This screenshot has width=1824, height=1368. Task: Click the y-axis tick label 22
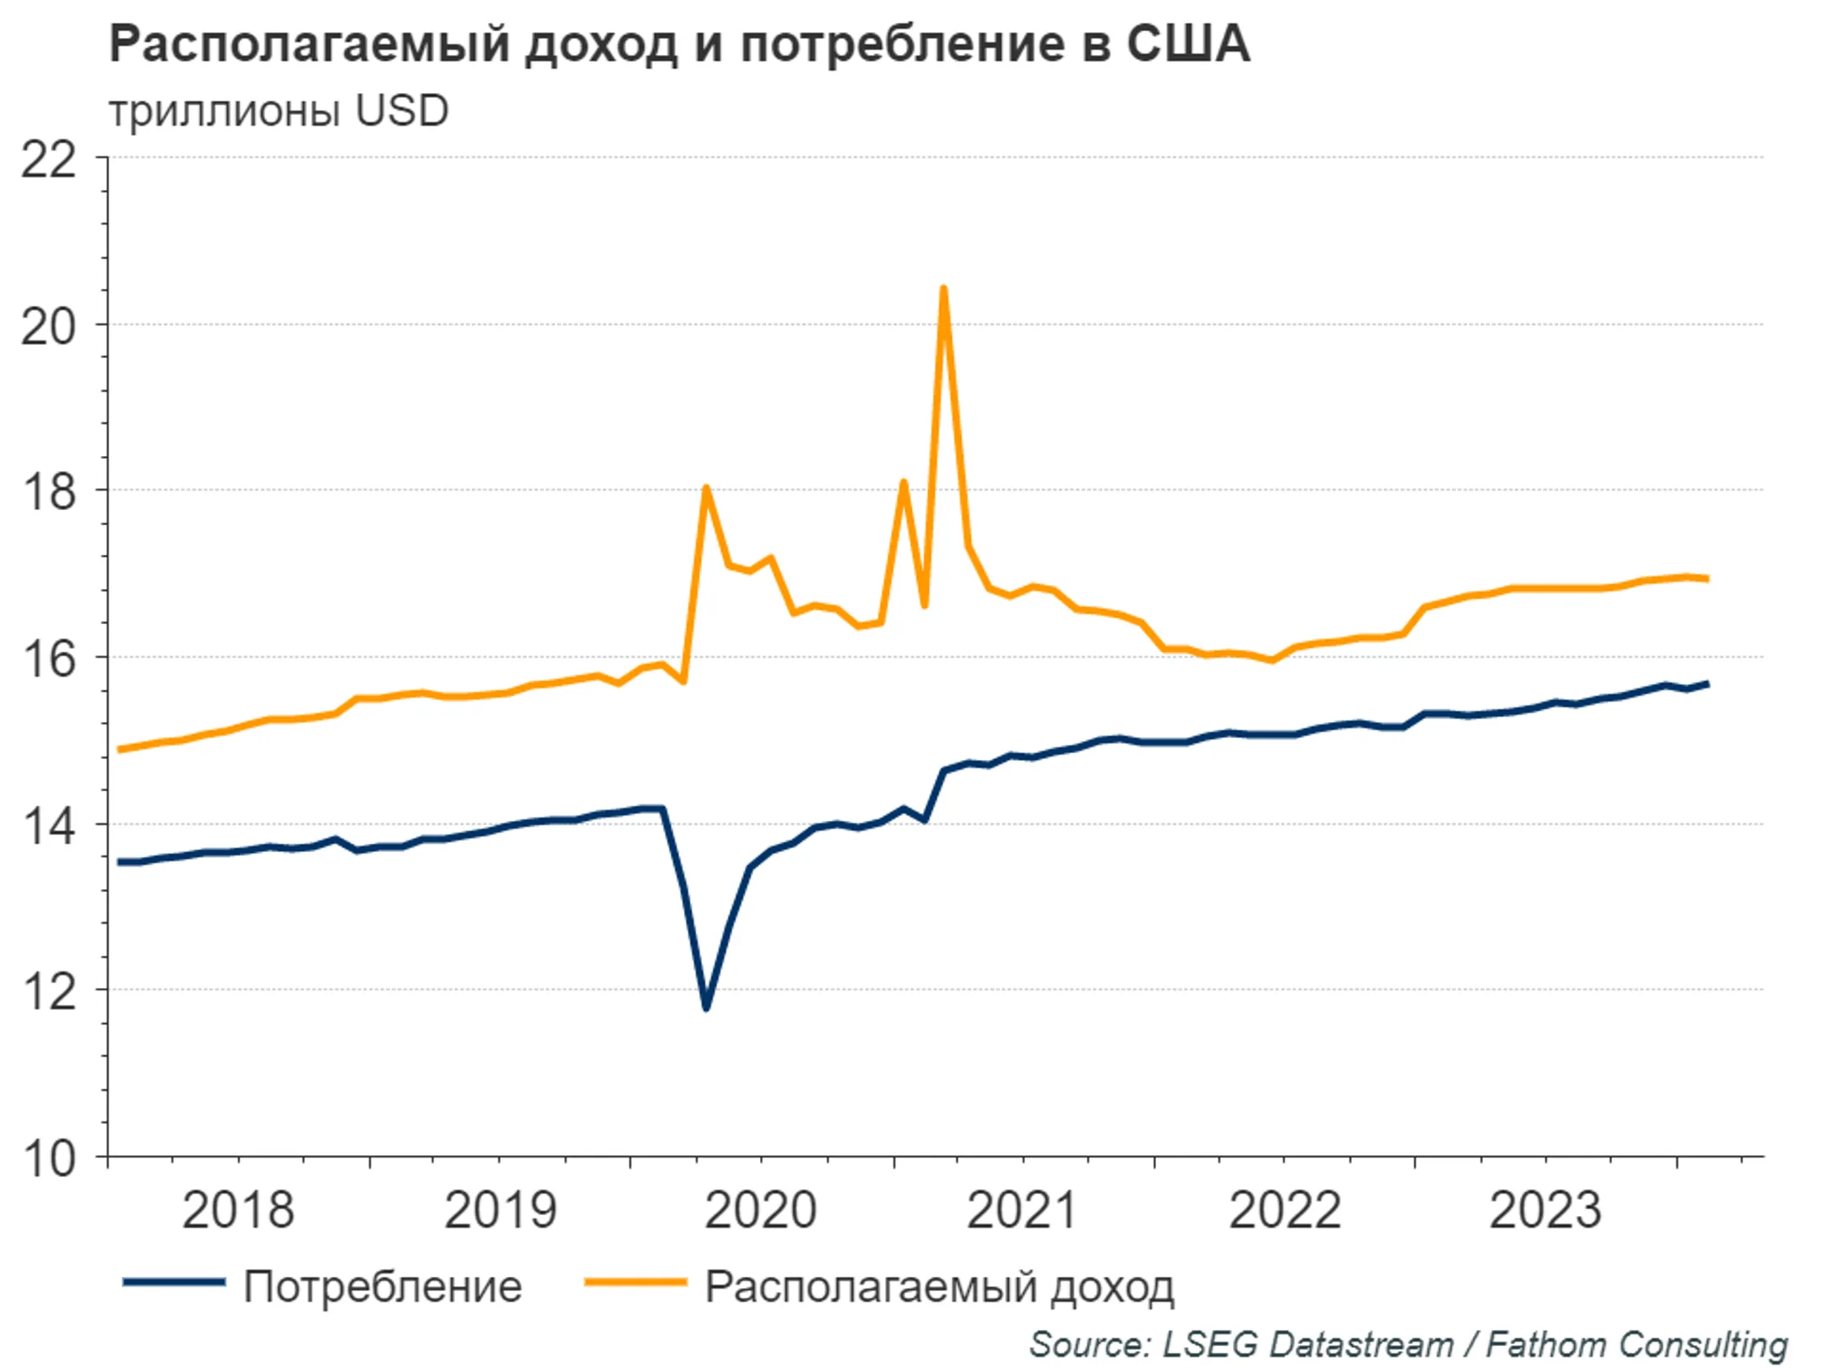point(48,160)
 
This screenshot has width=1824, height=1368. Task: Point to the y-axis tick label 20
point(48,326)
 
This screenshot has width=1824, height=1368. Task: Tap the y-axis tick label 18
point(48,491)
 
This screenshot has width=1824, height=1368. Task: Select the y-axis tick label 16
point(48,659)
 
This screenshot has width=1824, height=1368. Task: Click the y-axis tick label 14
point(48,825)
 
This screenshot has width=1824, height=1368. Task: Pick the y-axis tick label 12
point(48,991)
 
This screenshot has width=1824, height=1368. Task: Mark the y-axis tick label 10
point(48,1159)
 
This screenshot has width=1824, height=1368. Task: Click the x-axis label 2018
point(238,1210)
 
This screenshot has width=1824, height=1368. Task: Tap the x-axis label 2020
point(760,1210)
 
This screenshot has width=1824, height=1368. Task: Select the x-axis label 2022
point(1284,1210)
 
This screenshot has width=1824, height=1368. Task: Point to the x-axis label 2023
point(1544,1210)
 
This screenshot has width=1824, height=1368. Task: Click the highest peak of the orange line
point(943,290)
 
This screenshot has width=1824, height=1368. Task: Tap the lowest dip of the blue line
point(706,1007)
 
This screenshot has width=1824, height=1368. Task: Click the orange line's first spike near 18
point(706,488)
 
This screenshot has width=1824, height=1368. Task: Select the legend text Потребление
point(383,1287)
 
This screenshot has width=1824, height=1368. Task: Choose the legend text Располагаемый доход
point(939,1287)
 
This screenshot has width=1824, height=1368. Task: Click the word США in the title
point(1187,44)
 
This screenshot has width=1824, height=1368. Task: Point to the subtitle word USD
point(402,111)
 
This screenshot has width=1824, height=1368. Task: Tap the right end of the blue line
point(1707,684)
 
